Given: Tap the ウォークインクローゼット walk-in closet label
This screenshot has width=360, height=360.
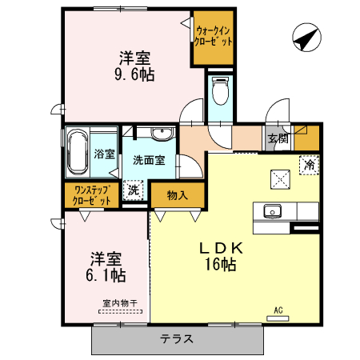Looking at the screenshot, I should click(x=214, y=35).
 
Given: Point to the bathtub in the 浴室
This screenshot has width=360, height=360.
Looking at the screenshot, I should click(x=78, y=151).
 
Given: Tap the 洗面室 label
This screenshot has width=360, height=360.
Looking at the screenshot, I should click(x=149, y=159).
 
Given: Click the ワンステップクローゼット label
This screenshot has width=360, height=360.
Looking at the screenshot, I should click(x=92, y=196).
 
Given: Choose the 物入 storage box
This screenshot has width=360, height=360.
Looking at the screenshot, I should click(x=178, y=194).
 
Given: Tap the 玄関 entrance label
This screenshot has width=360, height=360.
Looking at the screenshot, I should click(x=278, y=138).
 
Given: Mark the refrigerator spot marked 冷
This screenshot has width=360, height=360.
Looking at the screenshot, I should click(x=309, y=164).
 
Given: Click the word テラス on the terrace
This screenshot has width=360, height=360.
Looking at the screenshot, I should click(x=176, y=338).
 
